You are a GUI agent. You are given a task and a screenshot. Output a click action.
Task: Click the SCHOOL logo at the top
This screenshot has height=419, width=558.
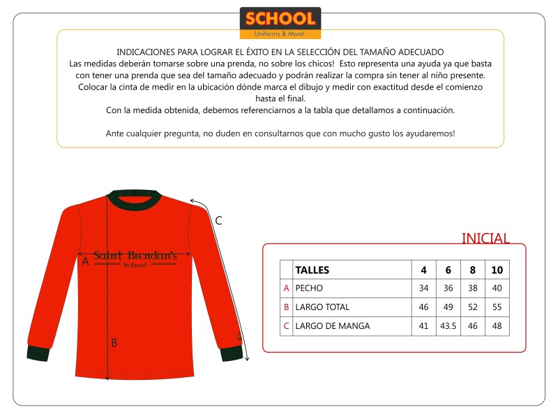(280, 22)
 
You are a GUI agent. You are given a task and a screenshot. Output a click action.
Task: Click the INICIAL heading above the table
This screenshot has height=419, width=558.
(485, 238)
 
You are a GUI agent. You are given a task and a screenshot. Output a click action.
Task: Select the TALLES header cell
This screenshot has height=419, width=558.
(312, 270)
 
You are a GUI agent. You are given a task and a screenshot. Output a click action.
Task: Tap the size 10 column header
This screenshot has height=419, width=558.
(497, 270)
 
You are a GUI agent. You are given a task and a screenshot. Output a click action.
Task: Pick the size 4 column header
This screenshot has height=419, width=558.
(423, 270)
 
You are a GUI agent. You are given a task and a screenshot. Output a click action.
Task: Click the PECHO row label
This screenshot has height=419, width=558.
(309, 288)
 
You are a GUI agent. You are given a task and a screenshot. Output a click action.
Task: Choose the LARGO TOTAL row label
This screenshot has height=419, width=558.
(322, 307)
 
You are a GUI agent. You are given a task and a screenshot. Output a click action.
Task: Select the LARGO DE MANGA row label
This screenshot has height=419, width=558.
(332, 325)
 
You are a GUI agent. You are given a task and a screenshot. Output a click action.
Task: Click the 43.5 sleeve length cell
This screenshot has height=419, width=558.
(448, 325)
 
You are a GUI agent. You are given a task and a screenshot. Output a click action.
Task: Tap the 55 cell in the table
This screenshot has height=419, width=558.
(497, 307)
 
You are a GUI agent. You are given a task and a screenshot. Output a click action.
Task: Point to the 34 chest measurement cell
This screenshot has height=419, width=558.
(423, 288)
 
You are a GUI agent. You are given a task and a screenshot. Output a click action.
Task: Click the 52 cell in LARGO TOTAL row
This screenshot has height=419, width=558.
(472, 307)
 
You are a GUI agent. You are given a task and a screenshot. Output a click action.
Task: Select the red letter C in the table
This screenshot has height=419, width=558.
(286, 325)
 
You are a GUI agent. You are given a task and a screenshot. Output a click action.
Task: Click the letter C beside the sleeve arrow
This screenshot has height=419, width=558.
(218, 221)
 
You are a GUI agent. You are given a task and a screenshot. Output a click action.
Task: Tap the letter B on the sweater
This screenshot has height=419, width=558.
(114, 343)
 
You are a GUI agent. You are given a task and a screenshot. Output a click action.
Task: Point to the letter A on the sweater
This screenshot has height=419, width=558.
(85, 261)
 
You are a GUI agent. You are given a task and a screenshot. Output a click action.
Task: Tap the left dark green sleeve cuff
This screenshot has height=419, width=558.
(39, 353)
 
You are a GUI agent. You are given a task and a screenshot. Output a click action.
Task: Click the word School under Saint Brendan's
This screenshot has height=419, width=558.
(135, 265)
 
